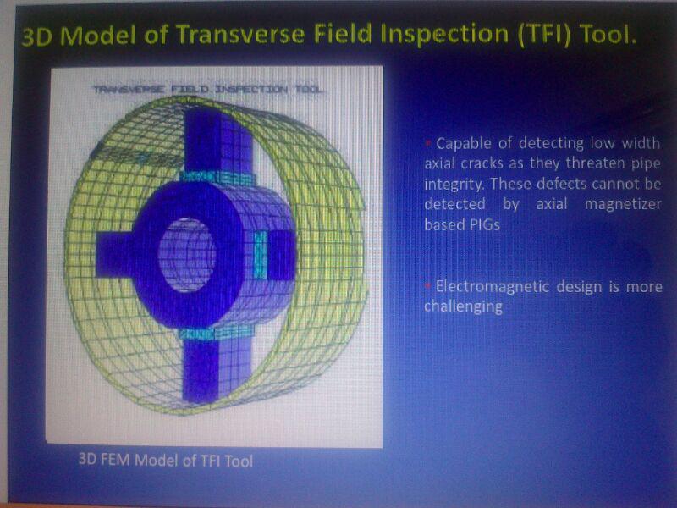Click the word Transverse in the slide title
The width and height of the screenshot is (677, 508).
pos(241,35)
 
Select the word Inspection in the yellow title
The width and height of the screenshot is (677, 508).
pos(449,35)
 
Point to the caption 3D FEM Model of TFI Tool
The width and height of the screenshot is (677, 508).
pos(165,460)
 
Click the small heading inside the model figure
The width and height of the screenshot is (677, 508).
pos(207,90)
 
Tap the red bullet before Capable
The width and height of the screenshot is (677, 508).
pos(429,142)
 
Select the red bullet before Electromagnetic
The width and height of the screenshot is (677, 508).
pos(429,285)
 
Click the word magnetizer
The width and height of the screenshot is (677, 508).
pos(623,204)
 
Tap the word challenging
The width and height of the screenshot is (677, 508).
pos(463,307)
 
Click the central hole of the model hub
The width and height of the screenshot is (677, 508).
pos(186,255)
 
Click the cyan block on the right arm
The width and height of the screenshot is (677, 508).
pos(260,255)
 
